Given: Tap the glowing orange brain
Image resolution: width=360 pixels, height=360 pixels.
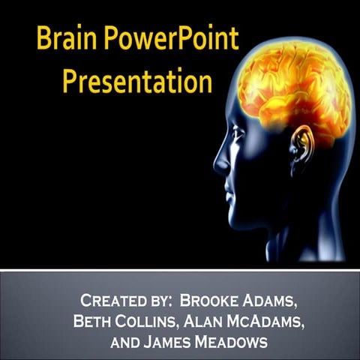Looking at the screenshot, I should tap(296, 82).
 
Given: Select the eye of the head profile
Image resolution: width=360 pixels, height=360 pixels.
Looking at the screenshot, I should tap(238, 135).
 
